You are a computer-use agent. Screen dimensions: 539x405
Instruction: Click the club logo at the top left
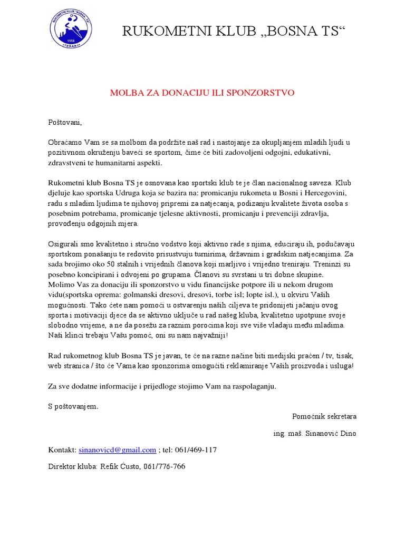coord(70,30)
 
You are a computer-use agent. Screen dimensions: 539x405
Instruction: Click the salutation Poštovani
coord(65,123)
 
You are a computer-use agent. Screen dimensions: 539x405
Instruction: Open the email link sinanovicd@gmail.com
coord(117,450)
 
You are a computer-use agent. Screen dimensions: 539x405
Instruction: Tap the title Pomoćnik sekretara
coord(324,416)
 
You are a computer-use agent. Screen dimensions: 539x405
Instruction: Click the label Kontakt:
coord(62,450)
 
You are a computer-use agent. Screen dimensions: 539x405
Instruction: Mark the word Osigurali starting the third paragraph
coord(64,245)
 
